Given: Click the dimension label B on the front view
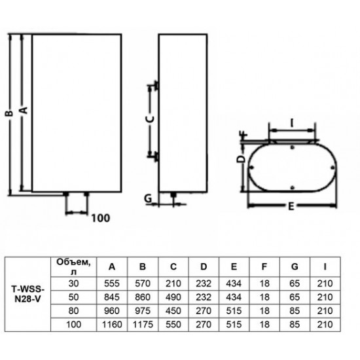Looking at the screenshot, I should click(x=9, y=113).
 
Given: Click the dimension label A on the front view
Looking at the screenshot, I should click(x=24, y=111).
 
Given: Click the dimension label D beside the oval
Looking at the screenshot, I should click(x=240, y=159).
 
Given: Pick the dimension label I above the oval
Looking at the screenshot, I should click(x=293, y=122).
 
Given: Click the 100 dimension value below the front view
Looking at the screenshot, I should click(x=101, y=217).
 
